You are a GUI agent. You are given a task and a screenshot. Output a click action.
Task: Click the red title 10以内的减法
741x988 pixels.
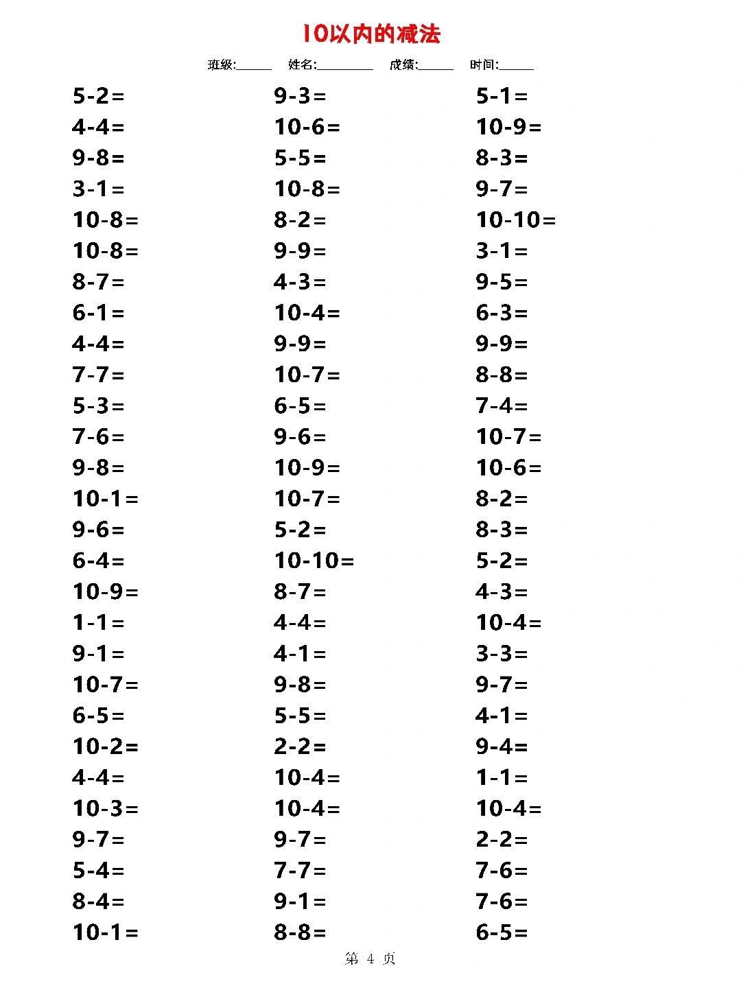tap(371, 34)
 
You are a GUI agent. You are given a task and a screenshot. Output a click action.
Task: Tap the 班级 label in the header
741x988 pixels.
tap(221, 65)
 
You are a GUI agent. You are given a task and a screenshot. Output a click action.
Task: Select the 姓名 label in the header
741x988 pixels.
tap(302, 65)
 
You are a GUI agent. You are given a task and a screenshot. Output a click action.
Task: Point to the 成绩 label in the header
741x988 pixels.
tap(403, 65)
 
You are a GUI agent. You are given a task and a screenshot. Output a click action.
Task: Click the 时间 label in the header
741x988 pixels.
tap(484, 65)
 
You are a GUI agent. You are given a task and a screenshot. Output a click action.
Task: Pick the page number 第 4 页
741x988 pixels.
tap(370, 958)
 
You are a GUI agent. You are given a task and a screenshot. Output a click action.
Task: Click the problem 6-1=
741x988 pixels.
tap(98, 313)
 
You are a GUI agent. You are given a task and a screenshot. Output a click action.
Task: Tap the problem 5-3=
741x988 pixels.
tap(98, 406)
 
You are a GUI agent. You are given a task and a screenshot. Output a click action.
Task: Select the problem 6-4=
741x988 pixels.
tap(98, 561)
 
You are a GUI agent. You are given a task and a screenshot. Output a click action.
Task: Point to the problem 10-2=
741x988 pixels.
tap(105, 746)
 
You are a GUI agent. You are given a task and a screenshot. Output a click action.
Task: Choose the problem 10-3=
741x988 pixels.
tap(105, 808)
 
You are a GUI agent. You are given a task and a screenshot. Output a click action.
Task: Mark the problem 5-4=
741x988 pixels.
tap(98, 871)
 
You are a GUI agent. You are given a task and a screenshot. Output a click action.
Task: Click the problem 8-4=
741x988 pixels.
tap(98, 902)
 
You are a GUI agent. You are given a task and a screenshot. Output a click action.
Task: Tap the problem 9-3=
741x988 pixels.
tap(300, 96)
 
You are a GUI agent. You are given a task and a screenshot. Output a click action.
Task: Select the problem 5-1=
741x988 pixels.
tap(502, 96)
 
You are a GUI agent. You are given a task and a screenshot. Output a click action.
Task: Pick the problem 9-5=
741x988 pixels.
tap(502, 282)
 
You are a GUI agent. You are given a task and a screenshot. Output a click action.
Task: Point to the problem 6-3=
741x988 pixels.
tap(502, 313)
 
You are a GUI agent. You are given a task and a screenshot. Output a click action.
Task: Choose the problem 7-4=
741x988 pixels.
tap(502, 406)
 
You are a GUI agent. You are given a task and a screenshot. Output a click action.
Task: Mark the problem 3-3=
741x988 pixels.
tap(502, 654)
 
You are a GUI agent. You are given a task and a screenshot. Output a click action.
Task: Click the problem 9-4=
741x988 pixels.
tap(502, 746)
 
